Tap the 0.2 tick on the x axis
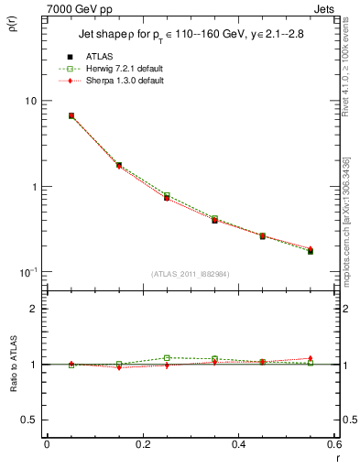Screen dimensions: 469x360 point(142,444)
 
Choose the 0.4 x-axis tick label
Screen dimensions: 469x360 point(238,444)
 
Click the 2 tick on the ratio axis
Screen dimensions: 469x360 point(33,309)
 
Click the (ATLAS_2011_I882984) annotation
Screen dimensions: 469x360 point(191,275)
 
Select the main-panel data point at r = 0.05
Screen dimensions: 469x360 point(71,116)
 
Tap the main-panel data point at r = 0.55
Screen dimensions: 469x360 point(311,251)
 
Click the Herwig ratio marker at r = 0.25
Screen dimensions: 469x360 point(167,358)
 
